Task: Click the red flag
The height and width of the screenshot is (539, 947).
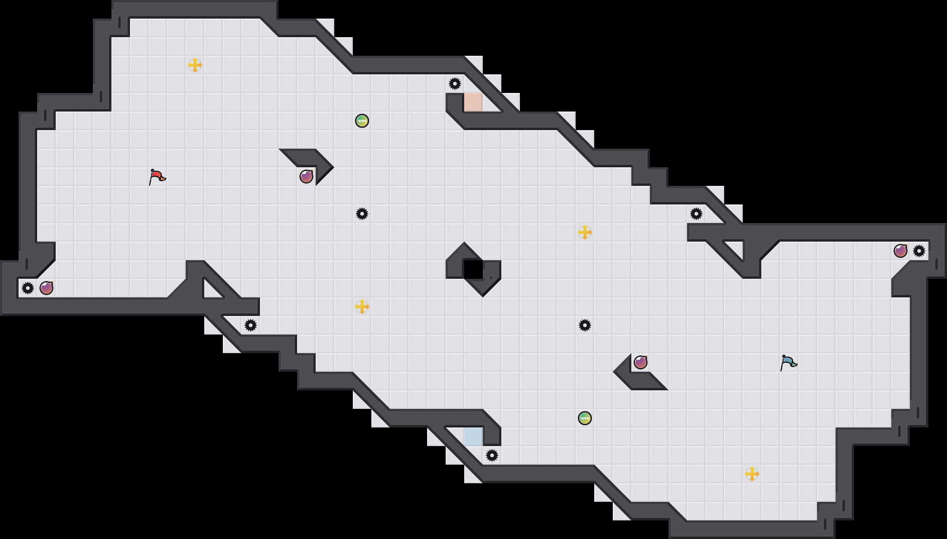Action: pyautogui.click(x=157, y=177)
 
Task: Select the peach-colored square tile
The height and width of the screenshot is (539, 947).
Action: pyautogui.click(x=473, y=102)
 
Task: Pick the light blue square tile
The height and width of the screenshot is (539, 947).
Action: pyautogui.click(x=473, y=437)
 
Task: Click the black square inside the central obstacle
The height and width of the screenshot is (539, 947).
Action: pyautogui.click(x=473, y=269)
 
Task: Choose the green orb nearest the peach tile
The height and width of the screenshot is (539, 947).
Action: pyautogui.click(x=362, y=121)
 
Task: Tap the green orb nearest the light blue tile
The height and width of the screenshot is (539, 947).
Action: pyautogui.click(x=585, y=418)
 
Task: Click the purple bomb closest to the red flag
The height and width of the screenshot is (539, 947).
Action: pyautogui.click(x=306, y=177)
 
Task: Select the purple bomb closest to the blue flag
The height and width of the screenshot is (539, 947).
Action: pyautogui.click(x=641, y=362)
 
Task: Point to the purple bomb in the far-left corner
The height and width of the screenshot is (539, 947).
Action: pyautogui.click(x=46, y=288)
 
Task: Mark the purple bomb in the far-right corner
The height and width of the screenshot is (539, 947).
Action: pyautogui.click(x=901, y=251)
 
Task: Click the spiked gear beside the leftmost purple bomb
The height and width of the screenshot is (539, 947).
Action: pyautogui.click(x=28, y=288)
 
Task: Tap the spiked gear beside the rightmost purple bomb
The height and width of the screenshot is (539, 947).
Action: pyautogui.click(x=919, y=251)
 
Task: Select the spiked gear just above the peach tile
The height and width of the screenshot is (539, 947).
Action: pyautogui.click(x=455, y=84)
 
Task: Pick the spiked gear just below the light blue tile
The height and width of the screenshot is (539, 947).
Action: pyautogui.click(x=492, y=455)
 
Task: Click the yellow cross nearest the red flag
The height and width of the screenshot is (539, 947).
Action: pyautogui.click(x=195, y=65)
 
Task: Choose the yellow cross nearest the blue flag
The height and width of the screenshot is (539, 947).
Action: pyautogui.click(x=752, y=474)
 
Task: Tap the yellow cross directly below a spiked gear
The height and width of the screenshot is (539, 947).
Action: pyautogui.click(x=362, y=307)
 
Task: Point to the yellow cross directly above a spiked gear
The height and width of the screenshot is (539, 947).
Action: pyautogui.click(x=585, y=232)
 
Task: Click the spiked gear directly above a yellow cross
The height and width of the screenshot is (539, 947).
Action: pyautogui.click(x=362, y=214)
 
